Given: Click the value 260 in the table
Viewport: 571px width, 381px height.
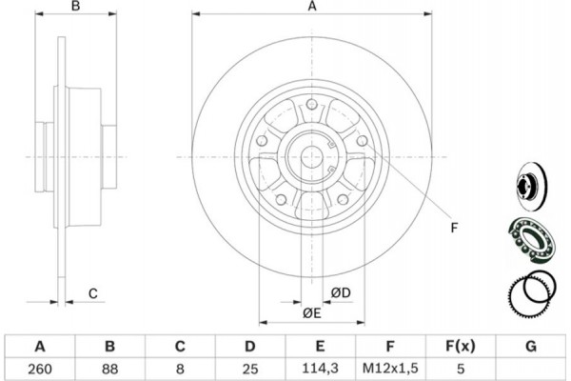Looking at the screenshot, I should pyautogui.click(x=40, y=368).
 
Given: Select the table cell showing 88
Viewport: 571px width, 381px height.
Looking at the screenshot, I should pyautogui.click(x=110, y=368).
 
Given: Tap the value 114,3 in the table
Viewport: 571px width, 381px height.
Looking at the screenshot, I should pyautogui.click(x=321, y=368).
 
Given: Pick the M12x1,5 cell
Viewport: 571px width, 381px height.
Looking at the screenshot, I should pyautogui.click(x=391, y=368).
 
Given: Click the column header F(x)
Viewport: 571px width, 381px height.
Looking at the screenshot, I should pyautogui.click(x=462, y=345).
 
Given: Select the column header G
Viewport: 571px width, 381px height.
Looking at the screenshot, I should pyautogui.click(x=531, y=345).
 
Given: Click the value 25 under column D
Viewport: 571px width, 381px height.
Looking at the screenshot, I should pyautogui.click(x=250, y=368).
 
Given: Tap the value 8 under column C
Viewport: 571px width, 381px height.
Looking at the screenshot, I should pyautogui.click(x=181, y=368).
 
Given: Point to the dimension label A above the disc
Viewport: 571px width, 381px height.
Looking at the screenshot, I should pyautogui.click(x=311, y=8).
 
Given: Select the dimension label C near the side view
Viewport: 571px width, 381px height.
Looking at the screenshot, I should pyautogui.click(x=93, y=292).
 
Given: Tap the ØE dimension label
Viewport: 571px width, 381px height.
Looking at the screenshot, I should pyautogui.click(x=311, y=313).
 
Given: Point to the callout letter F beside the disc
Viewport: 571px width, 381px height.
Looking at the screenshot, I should pyautogui.click(x=454, y=227).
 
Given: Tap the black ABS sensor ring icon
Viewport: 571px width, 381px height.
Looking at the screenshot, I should pyautogui.click(x=529, y=290).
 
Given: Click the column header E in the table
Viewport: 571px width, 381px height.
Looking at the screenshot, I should pyautogui.click(x=321, y=345).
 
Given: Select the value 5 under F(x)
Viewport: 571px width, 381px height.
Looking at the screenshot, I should pyautogui.click(x=462, y=368).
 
